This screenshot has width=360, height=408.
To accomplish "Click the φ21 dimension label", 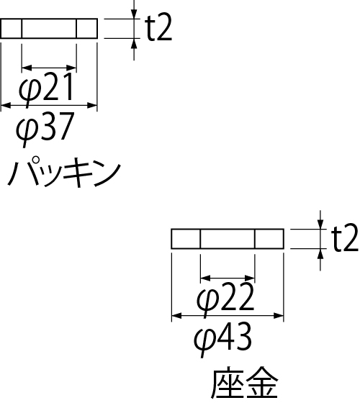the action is (46, 90).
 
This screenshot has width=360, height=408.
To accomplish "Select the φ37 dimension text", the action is (45, 129).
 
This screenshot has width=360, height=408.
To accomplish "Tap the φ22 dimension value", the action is (225, 300).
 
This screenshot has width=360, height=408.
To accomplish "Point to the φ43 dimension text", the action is (223, 340).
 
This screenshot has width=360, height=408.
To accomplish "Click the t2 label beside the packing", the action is (159, 27).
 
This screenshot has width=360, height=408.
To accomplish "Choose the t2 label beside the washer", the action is (345, 237).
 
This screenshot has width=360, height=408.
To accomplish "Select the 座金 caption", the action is (244, 383).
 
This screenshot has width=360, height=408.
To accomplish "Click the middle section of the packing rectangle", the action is (49, 28).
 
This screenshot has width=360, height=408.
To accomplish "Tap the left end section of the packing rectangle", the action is (11, 28).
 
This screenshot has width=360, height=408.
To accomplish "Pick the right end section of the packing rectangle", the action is (87, 28).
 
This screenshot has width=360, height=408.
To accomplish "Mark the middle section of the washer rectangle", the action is (228, 239).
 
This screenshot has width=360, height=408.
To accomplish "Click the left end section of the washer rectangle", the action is (186, 239).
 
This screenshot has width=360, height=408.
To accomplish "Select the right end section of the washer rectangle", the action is (269, 239).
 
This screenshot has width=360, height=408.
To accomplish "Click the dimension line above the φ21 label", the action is (49, 68).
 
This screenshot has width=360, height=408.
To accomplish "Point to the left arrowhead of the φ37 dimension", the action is (6, 105).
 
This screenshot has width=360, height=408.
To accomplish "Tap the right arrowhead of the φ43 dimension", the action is (279, 316).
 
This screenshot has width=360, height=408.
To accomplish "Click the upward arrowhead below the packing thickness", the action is (134, 43).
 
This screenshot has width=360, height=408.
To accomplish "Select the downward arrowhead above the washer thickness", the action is (320, 224).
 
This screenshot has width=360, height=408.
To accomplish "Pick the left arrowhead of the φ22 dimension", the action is (205, 278).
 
